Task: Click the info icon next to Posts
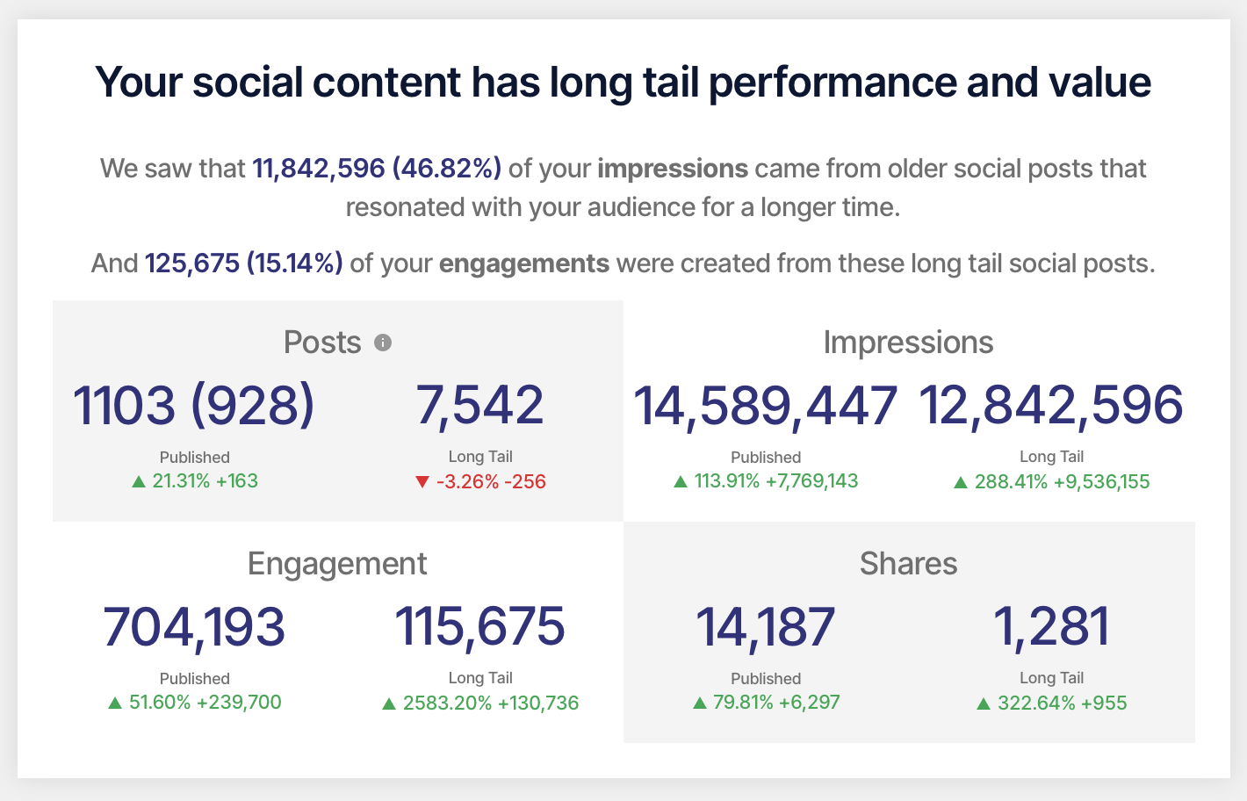tap(383, 343)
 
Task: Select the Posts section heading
tap(322, 342)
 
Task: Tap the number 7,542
tap(479, 406)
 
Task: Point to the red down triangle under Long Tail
tap(422, 481)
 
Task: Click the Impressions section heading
tap(909, 343)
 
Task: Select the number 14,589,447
tap(766, 407)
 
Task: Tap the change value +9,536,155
tap(1102, 481)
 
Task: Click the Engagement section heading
tap(337, 564)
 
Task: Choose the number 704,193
tap(194, 628)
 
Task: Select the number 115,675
tap(479, 628)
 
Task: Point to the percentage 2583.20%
tap(448, 703)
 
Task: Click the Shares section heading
tap(909, 563)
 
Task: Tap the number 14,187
tap(766, 628)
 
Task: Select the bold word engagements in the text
tap(524, 263)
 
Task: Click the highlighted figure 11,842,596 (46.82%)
tap(377, 169)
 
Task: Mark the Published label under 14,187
tap(766, 679)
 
